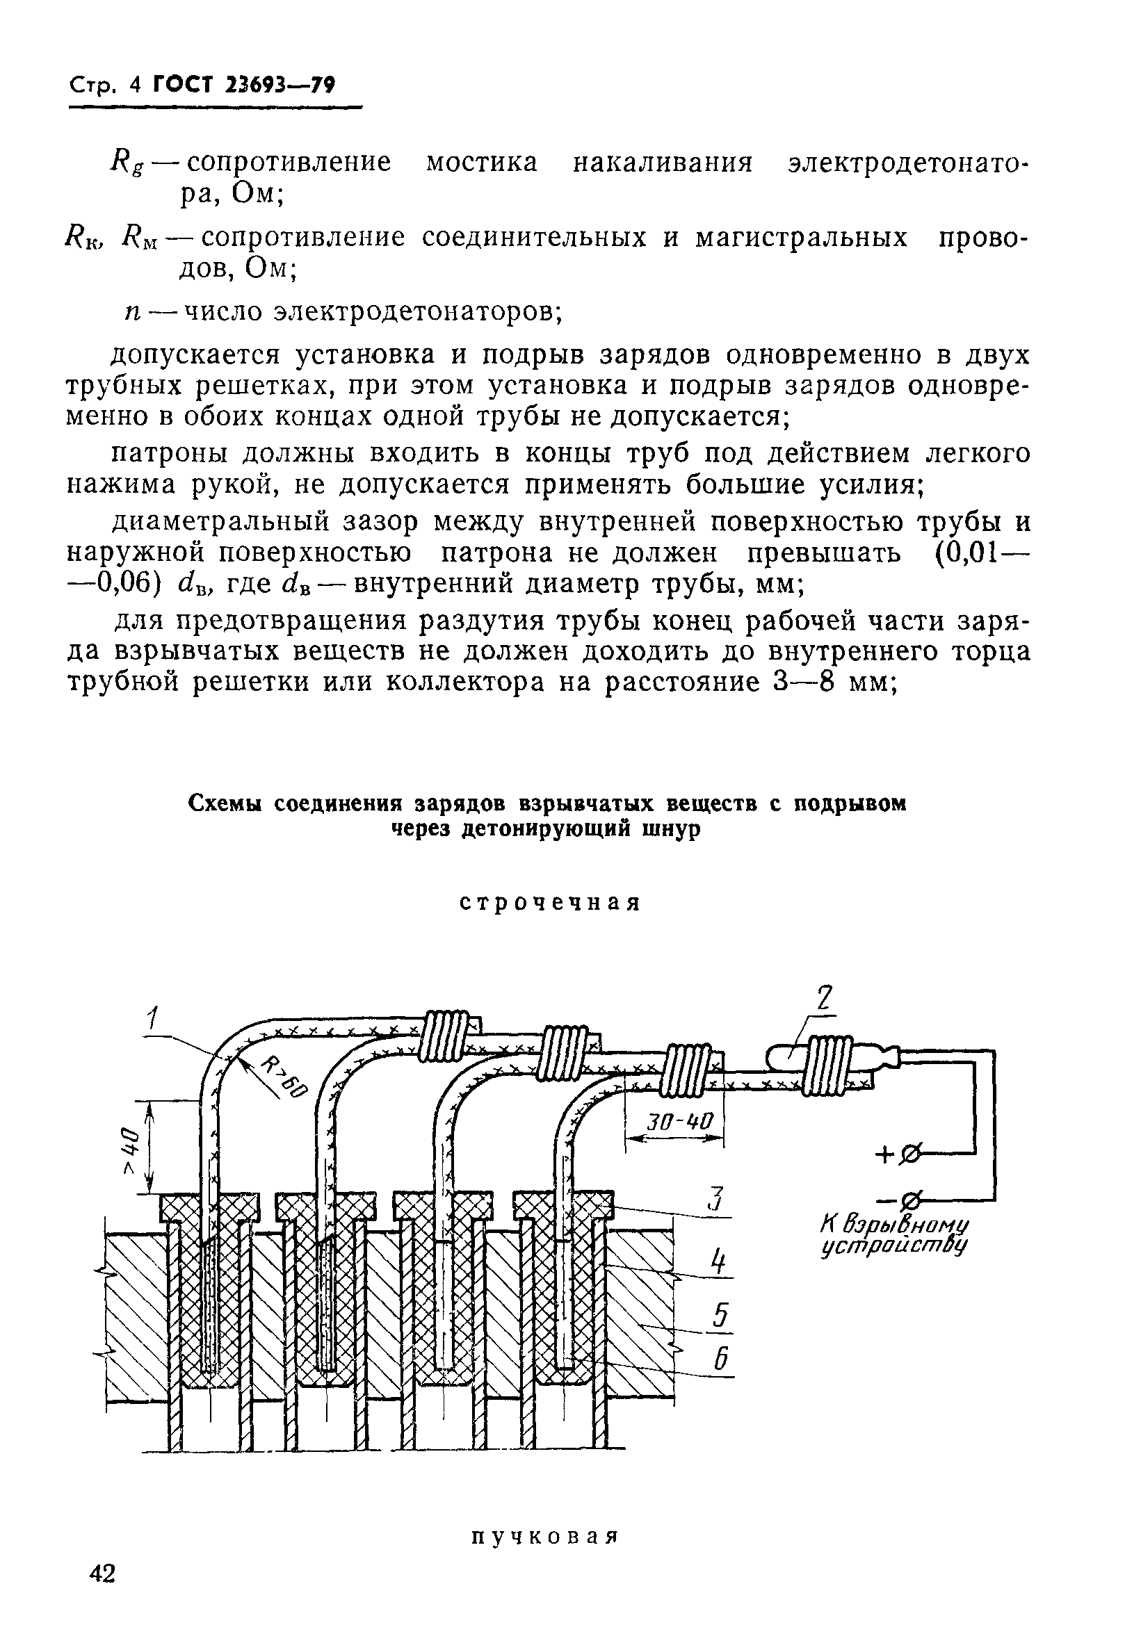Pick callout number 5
pyautogui.click(x=720, y=1316)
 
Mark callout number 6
pyautogui.click(x=721, y=1359)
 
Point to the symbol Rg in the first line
pyautogui.click(x=127, y=163)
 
